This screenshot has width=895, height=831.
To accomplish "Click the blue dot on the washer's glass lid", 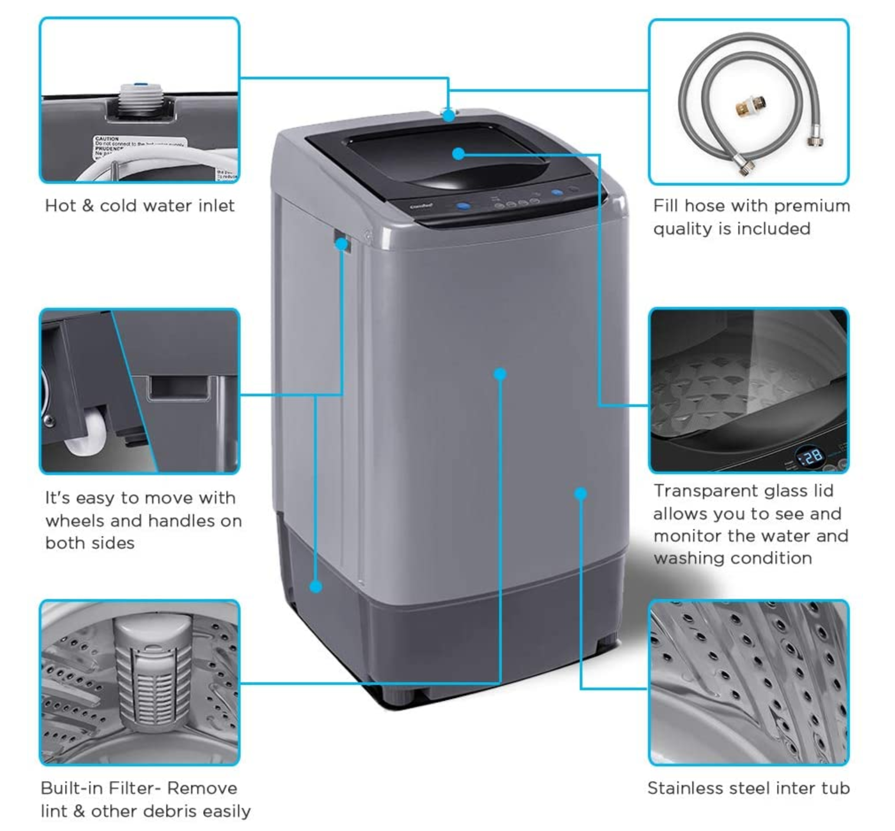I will coord(458,154).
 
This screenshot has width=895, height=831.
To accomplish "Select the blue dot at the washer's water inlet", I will coord(449,115).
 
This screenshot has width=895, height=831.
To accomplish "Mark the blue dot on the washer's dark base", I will coord(316,587).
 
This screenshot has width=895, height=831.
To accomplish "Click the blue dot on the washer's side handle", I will coord(341,243).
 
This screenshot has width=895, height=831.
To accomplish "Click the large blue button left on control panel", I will coord(463,207).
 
